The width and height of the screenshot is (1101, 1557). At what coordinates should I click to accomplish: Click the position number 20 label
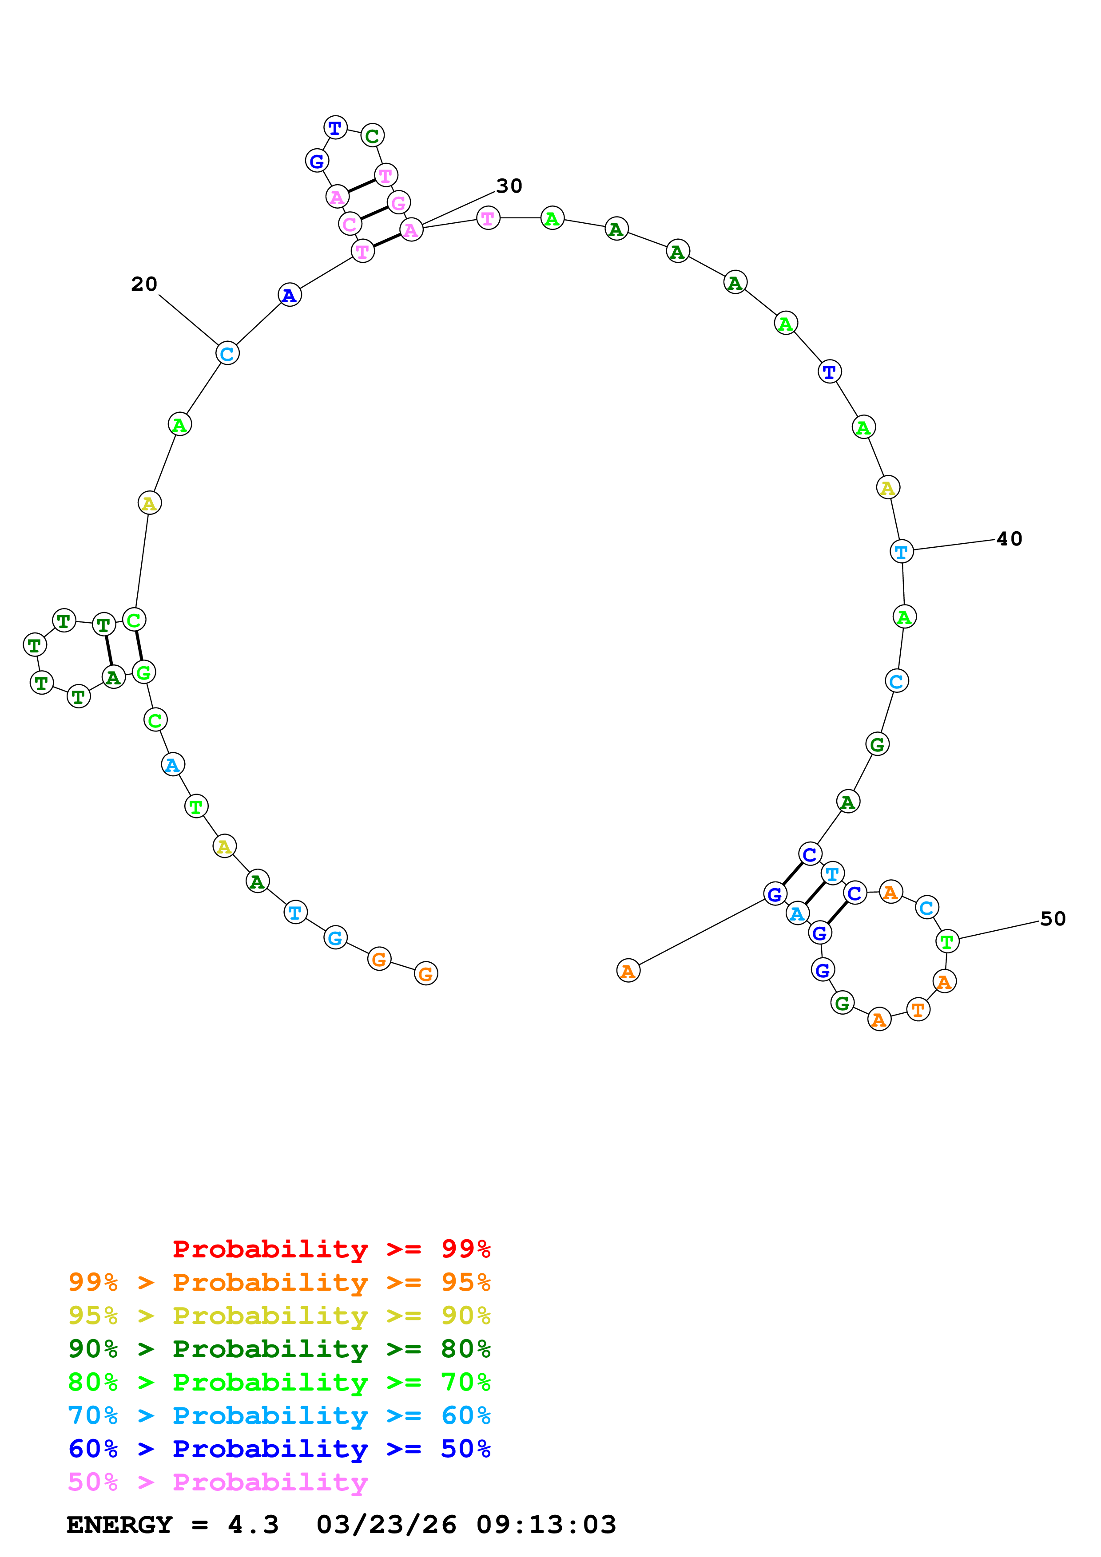point(144,284)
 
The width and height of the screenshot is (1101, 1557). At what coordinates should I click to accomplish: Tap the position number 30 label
point(509,186)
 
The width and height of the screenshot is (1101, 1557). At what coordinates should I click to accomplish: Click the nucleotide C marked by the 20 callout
point(227,353)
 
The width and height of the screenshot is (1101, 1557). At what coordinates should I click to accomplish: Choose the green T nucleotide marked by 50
point(947,941)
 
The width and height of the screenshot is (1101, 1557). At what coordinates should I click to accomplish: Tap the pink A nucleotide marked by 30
point(411,230)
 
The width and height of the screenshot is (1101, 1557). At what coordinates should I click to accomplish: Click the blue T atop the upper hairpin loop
point(335,127)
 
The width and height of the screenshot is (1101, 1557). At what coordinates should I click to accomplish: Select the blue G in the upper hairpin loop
point(317,162)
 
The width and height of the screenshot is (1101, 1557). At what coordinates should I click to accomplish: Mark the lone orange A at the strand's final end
point(628,971)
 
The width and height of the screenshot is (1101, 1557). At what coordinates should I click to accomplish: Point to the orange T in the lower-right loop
point(918,1010)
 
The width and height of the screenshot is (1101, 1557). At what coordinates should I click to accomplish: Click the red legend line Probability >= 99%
point(331,1249)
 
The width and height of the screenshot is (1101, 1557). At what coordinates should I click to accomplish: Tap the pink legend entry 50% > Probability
point(217,1482)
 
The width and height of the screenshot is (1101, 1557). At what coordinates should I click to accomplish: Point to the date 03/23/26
point(386,1525)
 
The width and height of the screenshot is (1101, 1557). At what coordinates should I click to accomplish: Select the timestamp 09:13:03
point(546,1525)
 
